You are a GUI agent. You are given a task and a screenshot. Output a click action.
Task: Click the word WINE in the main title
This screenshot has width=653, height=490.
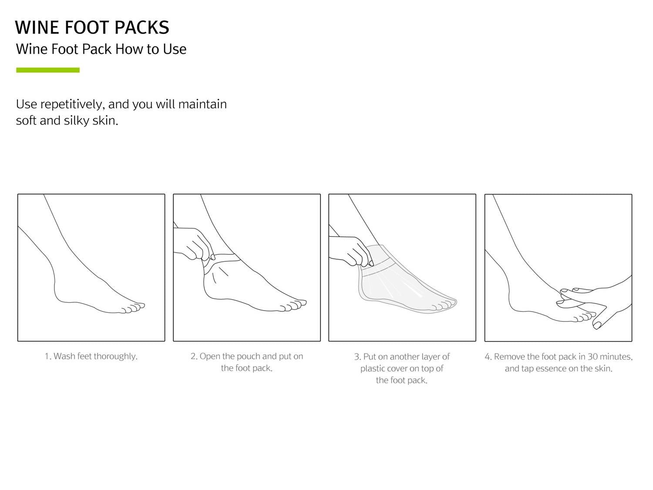pyautogui.click(x=37, y=27)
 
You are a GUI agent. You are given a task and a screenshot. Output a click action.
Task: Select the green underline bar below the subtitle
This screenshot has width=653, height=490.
pyautogui.click(x=48, y=70)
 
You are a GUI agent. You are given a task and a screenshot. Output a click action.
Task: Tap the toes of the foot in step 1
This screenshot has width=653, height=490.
pyautogui.click(x=133, y=308)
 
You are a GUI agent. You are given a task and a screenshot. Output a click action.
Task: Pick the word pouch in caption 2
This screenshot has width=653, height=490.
pyautogui.click(x=249, y=357)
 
